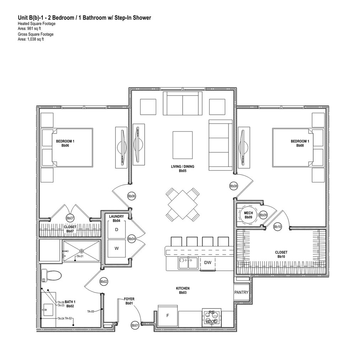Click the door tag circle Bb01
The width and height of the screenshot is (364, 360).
pyautogui.click(x=135, y=325)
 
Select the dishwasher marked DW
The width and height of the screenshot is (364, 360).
pyautogui.click(x=208, y=263)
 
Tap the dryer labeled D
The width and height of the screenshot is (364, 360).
pyautogui.click(x=116, y=230)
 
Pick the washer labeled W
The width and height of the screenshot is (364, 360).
pyautogui.click(x=116, y=249)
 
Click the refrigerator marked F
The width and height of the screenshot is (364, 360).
pyautogui.click(x=168, y=315)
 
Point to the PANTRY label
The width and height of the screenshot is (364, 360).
pyautogui.click(x=241, y=293)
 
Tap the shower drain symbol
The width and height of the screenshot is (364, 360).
pyautogui.click(x=81, y=251)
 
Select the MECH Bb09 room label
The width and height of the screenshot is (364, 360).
pyautogui.click(x=248, y=215)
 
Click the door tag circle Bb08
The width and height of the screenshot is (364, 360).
pyautogui.click(x=234, y=186)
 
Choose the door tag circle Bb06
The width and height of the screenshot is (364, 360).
pyautogui.click(x=132, y=196)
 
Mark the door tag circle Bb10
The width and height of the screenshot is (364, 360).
pyautogui.click(x=278, y=227)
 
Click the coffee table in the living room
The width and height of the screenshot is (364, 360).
pyautogui.click(x=183, y=145)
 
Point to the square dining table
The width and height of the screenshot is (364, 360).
pyautogui.click(x=183, y=204)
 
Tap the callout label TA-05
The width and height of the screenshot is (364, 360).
pyautogui.click(x=91, y=311)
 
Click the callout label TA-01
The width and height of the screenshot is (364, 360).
pyautogui.click(x=80, y=256)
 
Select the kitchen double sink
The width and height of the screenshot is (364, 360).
pyautogui.click(x=188, y=263)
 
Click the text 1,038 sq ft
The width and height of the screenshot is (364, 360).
pyautogui.click(x=35, y=39)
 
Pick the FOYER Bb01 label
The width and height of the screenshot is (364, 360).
pyautogui.click(x=129, y=301)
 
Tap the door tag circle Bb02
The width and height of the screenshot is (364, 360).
pyautogui.click(x=104, y=282)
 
